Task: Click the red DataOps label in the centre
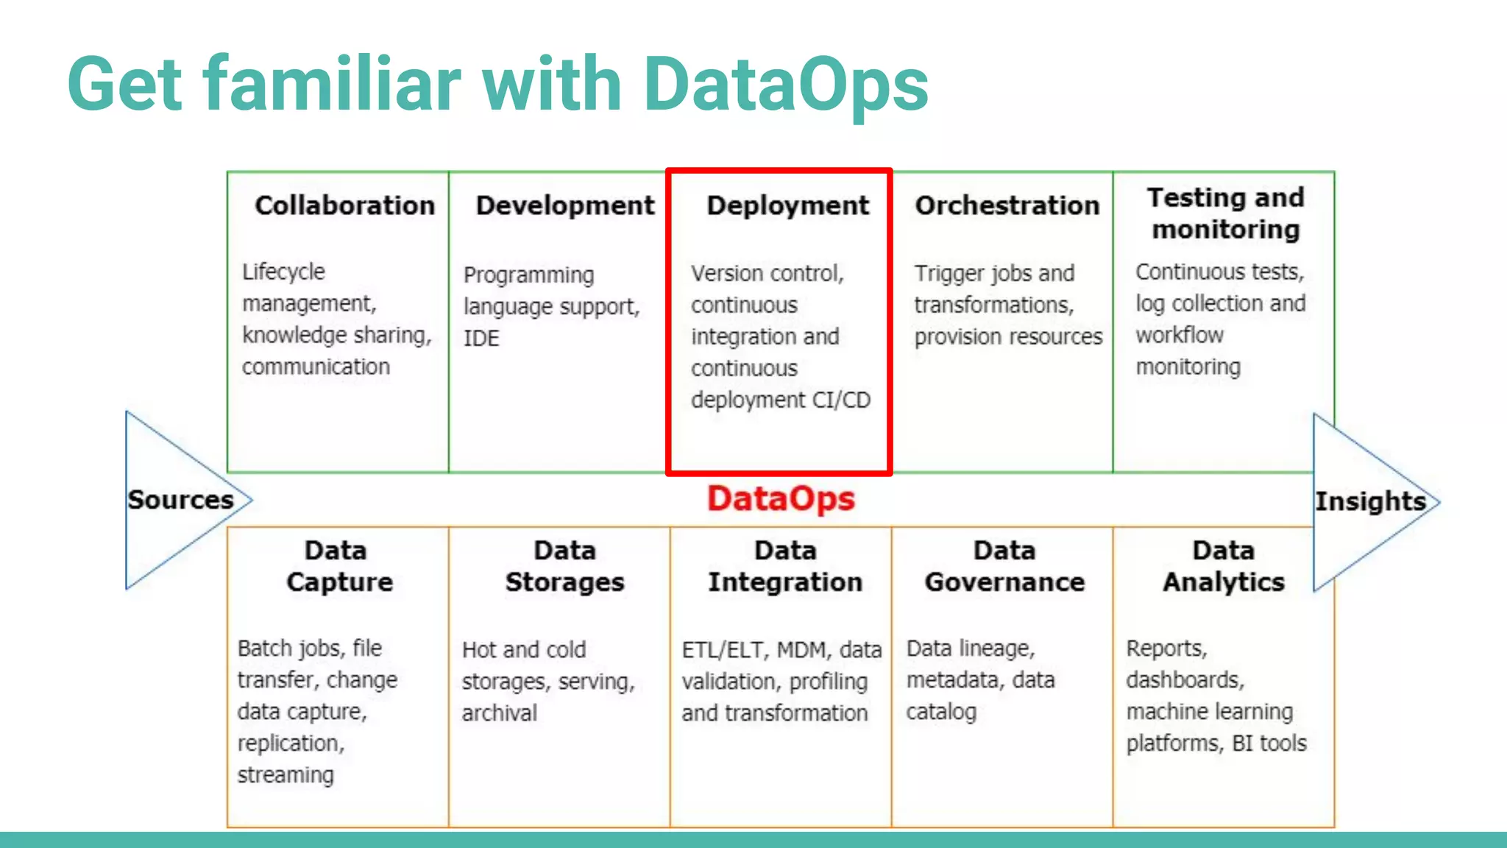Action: tap(781, 499)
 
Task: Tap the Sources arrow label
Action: tap(180, 500)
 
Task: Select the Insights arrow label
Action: tap(1370, 501)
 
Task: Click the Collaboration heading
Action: tap(344, 205)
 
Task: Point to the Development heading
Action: tap(565, 205)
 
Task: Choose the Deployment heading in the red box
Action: tap(787, 205)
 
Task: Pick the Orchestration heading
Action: tap(1007, 205)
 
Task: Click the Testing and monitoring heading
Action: tap(1225, 213)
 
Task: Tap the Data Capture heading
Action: tap(338, 566)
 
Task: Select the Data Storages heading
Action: tap(564, 566)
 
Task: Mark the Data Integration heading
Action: tap(785, 566)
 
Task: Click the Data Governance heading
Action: tap(1004, 566)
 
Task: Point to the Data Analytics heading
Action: tap(1224, 566)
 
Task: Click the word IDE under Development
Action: tap(481, 339)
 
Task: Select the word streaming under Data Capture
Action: tap(286, 775)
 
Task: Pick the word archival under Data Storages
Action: tap(500, 713)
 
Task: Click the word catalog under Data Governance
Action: tap(941, 712)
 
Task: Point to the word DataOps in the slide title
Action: tap(785, 84)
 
